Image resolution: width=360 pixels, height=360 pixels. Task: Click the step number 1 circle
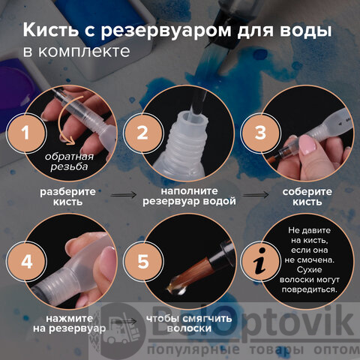(26, 133)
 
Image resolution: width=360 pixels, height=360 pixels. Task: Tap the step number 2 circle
(142, 133)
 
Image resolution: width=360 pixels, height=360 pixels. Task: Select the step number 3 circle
(260, 133)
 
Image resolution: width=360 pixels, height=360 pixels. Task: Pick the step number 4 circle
(26, 262)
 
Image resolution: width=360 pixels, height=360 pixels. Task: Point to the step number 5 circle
(142, 262)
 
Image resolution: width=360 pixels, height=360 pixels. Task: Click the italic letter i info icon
(260, 262)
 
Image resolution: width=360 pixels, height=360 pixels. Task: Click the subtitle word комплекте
(84, 52)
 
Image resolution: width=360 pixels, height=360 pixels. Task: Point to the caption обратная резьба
(69, 162)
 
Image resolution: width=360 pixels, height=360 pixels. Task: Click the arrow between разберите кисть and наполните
(123, 195)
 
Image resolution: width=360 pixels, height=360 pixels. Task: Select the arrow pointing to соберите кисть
(256, 195)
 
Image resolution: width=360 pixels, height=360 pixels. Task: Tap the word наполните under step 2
(189, 191)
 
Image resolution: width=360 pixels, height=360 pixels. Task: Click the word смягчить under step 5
(206, 319)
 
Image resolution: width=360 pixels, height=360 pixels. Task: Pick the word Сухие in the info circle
(310, 270)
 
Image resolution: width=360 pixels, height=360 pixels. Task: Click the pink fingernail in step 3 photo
(307, 144)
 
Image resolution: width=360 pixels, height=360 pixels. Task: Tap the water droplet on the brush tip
(177, 287)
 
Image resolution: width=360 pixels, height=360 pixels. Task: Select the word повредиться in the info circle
(310, 289)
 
